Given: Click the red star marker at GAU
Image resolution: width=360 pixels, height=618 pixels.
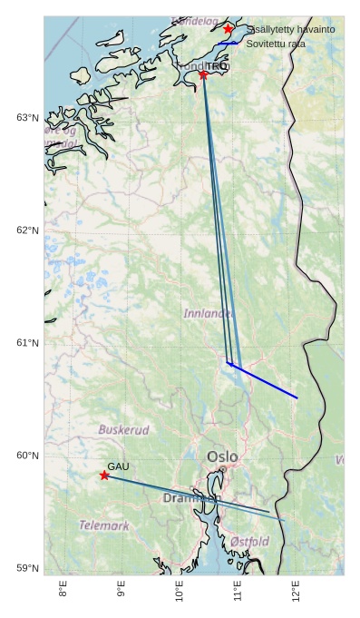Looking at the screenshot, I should (104, 476).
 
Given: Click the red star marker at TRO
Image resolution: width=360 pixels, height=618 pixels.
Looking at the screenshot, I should (203, 74).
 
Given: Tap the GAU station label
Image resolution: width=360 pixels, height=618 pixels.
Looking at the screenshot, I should (119, 466).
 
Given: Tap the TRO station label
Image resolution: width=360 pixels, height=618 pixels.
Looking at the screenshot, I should (217, 66).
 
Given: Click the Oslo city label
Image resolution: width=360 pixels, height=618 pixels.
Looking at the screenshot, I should (223, 456).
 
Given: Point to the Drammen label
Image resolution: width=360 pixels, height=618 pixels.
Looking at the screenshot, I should (191, 498).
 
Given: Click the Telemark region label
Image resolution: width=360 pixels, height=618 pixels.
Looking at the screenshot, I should (103, 525).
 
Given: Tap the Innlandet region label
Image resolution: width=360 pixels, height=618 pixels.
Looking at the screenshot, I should (209, 313).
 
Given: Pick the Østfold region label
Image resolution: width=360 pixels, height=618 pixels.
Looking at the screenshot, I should (249, 542).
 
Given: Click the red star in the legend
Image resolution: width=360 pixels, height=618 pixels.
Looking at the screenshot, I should (229, 29).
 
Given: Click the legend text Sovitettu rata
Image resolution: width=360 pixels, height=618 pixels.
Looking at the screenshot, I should (276, 44).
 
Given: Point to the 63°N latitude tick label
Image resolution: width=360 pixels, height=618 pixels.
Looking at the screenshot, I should (27, 118).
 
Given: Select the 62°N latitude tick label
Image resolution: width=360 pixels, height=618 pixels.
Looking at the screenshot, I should (27, 231).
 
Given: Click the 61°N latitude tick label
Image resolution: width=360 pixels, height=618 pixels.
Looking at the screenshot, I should (27, 343).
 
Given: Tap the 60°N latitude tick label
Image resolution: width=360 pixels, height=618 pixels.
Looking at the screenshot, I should (27, 456).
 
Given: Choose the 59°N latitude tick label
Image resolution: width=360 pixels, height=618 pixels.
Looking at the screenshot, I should (27, 568).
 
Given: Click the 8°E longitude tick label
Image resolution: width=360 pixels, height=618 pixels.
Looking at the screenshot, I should (63, 591).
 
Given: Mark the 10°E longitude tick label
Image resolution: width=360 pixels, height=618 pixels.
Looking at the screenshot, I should (180, 591).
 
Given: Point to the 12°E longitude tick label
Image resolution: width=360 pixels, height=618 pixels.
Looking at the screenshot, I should (297, 591).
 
